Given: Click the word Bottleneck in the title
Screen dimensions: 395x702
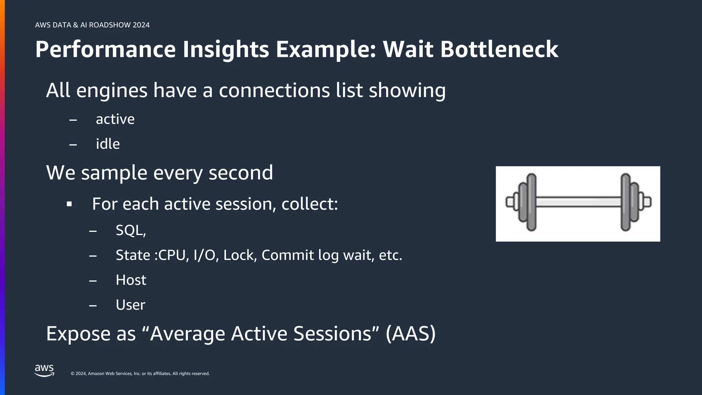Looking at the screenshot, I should point(499,49).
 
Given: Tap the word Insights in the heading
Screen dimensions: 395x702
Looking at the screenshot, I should point(226,49).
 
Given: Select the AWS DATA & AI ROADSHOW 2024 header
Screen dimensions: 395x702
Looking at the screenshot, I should point(92,25).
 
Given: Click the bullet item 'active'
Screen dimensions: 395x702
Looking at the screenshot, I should point(115,119).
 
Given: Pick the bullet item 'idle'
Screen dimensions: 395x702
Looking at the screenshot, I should point(108,144).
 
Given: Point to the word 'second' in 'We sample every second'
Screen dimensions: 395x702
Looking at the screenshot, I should point(241,172).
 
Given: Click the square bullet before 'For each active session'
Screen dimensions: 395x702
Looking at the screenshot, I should point(69,204).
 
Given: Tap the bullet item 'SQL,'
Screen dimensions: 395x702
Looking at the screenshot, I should point(131,230).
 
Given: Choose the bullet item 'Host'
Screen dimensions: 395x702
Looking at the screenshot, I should point(131,280).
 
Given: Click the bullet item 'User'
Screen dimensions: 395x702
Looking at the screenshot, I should point(130,305).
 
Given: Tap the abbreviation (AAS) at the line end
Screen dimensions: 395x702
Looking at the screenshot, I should point(410,333).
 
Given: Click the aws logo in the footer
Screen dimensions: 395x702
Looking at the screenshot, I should point(44,371).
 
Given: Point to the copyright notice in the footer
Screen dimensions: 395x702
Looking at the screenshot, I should point(140,373).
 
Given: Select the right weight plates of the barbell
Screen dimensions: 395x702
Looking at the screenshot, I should point(629,202).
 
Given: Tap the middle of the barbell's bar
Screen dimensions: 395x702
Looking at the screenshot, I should point(579,202).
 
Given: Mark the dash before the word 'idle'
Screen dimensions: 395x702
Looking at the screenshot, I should point(73,145).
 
